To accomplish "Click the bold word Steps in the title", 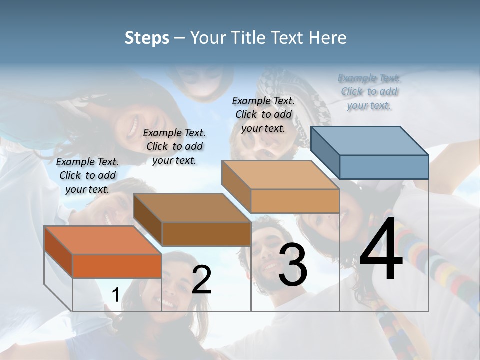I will [147, 38].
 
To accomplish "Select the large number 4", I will [381, 250].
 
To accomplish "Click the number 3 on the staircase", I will [293, 264].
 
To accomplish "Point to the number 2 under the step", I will [201, 280].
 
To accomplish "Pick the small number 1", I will [115, 295].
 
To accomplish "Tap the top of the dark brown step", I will [193, 207].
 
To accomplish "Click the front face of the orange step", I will [117, 266].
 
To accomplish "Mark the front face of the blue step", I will [384, 167].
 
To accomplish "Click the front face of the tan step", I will [295, 201].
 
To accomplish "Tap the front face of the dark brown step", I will [206, 233].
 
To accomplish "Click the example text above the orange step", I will [87, 175].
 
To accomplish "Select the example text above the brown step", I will [174, 146].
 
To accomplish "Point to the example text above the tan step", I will [263, 114].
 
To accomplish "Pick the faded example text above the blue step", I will [369, 91].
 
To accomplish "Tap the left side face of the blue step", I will [325, 152].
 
